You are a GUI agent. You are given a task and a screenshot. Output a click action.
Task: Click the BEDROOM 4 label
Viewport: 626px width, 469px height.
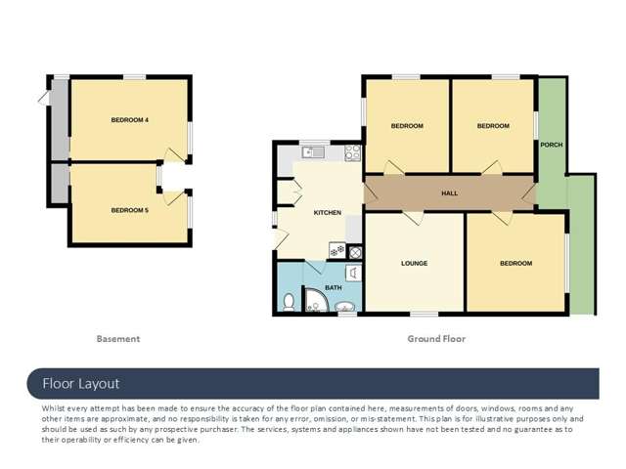(129, 120)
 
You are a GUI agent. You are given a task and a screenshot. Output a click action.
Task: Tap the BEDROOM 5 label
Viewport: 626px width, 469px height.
(129, 210)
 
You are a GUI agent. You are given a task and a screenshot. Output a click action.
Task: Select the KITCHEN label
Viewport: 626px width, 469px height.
(327, 212)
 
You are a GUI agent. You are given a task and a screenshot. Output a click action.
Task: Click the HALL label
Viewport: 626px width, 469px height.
(450, 193)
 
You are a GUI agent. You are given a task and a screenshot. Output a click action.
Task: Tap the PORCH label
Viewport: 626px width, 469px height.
(552, 145)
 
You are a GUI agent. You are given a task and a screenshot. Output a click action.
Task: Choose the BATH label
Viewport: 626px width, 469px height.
(334, 287)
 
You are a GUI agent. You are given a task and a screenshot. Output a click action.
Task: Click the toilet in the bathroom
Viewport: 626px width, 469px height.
(289, 303)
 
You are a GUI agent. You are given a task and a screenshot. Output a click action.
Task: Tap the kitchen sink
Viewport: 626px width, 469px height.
(313, 151)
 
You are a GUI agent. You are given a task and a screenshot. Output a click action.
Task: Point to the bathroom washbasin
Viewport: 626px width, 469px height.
(344, 310)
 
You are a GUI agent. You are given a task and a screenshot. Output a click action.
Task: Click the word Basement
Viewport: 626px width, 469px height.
(118, 339)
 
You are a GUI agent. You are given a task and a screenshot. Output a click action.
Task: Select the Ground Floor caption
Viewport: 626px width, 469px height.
(436, 339)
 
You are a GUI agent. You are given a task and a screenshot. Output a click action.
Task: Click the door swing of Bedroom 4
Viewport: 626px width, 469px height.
(174, 154)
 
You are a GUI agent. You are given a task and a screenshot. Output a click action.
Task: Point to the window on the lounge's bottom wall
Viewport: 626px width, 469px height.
(424, 314)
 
